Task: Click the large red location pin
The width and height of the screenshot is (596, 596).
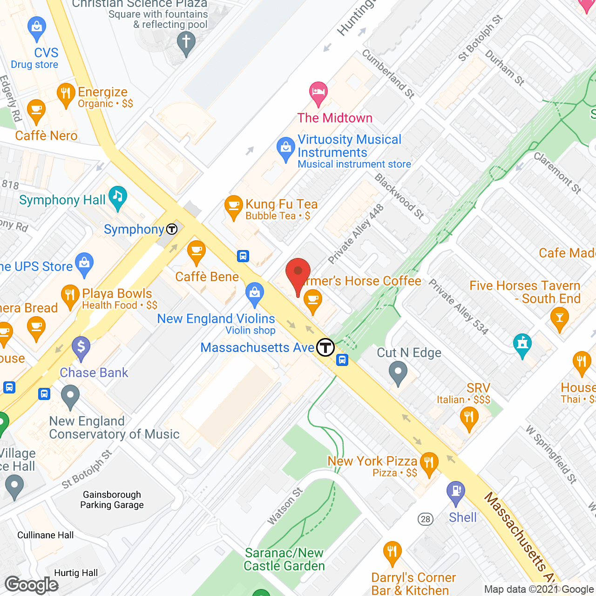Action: [298, 275]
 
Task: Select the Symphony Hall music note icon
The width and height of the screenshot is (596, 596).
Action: [117, 197]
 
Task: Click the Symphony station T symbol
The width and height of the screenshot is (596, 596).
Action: [172, 229]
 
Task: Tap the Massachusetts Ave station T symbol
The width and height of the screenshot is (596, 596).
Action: [325, 347]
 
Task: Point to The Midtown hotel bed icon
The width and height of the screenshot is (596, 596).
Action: [318, 92]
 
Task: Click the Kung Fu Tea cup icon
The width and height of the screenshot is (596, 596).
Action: [233, 206]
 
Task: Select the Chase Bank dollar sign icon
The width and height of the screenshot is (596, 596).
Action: [81, 347]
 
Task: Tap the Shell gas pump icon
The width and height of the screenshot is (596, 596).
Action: [455, 492]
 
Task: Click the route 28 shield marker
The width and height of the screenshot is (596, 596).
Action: [425, 519]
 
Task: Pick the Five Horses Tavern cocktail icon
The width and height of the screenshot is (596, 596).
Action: [559, 319]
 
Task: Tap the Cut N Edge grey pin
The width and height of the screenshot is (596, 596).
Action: [398, 373]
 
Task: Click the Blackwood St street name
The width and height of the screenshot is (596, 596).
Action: [400, 196]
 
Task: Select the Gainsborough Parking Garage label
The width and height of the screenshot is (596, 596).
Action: [112, 500]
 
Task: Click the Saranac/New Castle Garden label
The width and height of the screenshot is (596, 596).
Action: [284, 559]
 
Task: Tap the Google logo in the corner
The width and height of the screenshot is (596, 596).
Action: [32, 585]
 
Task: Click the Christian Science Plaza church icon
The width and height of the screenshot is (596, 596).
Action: [186, 43]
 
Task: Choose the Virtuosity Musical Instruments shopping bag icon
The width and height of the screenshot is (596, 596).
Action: [285, 149]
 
